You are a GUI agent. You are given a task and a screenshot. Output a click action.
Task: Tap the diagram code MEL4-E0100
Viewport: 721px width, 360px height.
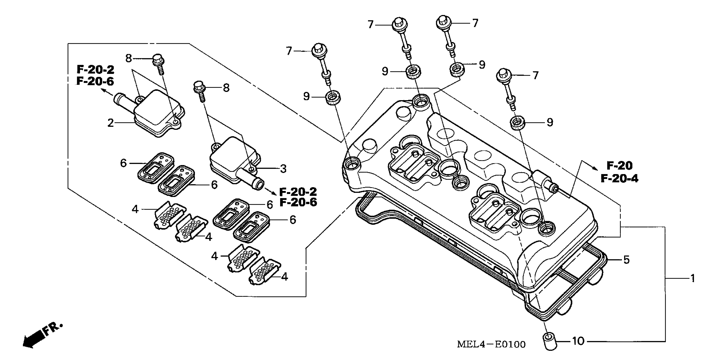[491, 344]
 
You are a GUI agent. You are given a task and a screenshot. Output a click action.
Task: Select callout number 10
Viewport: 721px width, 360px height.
[578, 341]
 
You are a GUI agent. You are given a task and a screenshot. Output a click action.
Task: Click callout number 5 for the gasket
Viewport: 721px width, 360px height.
[626, 260]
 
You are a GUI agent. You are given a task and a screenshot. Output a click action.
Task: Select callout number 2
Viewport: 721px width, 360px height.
[111, 123]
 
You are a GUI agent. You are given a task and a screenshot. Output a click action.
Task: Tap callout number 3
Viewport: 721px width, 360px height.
[283, 169]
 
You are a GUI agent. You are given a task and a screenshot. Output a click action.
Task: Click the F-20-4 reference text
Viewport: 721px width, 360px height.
[619, 178]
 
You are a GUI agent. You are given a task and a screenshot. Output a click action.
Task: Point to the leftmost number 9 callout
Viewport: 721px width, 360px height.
[307, 97]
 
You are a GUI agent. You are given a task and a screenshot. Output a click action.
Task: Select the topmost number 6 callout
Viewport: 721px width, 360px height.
[124, 163]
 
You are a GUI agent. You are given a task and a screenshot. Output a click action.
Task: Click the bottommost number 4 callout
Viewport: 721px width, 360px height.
[284, 277]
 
